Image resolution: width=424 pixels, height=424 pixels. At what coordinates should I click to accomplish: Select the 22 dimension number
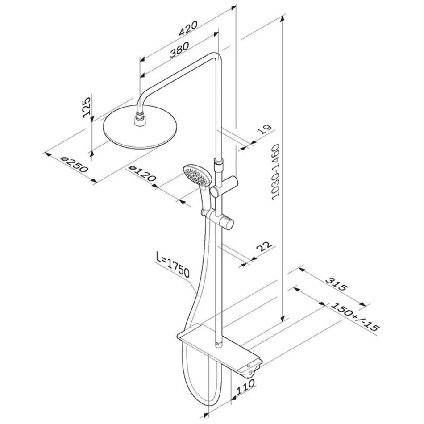pos(264,247)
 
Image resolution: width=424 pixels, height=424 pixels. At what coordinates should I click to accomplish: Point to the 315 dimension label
pos(336,284)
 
